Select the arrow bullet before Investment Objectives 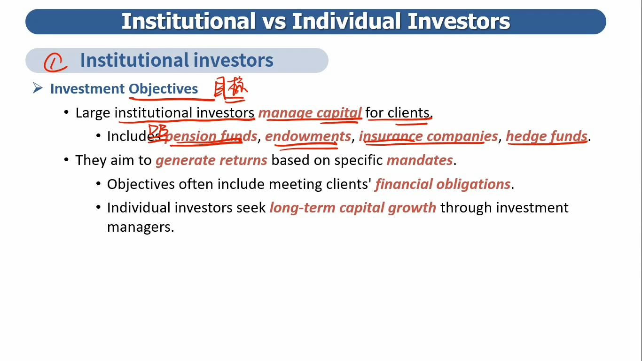38,88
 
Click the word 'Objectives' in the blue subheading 163,89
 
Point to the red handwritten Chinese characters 230,88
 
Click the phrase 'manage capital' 310,113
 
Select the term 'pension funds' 211,136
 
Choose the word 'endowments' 308,136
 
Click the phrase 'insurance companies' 429,136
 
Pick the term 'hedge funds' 547,136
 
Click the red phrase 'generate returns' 211,160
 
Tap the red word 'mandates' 420,160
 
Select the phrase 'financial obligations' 443,184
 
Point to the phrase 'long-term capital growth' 353,208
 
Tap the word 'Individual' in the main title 346,22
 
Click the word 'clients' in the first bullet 408,113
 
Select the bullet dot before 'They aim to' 66,159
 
